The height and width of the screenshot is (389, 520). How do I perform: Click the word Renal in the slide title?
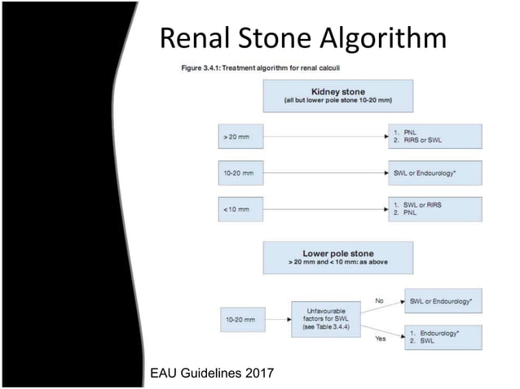(192, 37)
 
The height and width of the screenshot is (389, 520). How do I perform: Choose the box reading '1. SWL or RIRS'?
(437, 209)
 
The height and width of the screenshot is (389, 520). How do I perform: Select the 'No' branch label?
(379, 300)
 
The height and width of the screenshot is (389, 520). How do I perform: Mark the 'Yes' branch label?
(380, 339)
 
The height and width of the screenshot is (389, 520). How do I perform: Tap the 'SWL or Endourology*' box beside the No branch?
(443, 301)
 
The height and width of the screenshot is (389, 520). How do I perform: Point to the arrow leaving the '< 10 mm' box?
(326, 210)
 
